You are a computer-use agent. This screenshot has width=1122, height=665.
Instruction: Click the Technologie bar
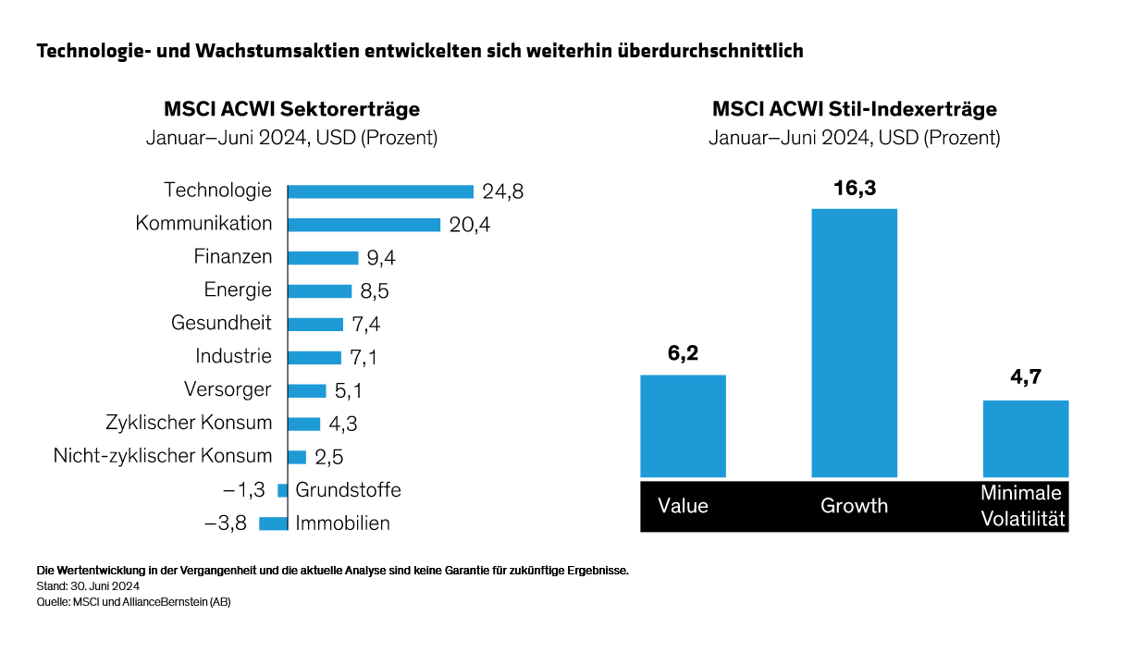click(381, 191)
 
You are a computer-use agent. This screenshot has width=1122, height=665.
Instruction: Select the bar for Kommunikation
click(364, 225)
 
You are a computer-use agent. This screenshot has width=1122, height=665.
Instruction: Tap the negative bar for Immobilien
click(274, 523)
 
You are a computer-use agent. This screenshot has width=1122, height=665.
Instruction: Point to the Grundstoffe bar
click(283, 490)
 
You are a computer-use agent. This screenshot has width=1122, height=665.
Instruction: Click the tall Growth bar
click(854, 342)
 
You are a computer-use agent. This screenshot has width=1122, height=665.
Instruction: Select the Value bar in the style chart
click(683, 425)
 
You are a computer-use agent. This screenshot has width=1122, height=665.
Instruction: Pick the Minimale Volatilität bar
click(1025, 438)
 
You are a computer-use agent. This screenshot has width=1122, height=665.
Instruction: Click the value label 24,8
click(503, 192)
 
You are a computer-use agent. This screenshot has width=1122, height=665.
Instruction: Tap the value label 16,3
click(854, 189)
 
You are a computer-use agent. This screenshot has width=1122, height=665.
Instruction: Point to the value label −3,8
click(226, 523)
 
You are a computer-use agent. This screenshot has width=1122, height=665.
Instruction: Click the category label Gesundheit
click(222, 323)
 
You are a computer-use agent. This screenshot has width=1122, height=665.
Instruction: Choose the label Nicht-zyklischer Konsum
click(163, 456)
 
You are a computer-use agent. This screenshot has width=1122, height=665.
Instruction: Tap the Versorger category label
click(228, 389)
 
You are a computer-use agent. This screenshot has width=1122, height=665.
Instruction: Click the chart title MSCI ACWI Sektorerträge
click(291, 109)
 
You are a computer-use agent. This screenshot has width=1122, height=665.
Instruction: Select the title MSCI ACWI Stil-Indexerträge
click(854, 109)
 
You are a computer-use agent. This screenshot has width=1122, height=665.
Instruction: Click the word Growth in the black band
click(854, 506)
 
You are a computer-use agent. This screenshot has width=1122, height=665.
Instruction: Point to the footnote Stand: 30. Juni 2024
click(88, 586)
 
